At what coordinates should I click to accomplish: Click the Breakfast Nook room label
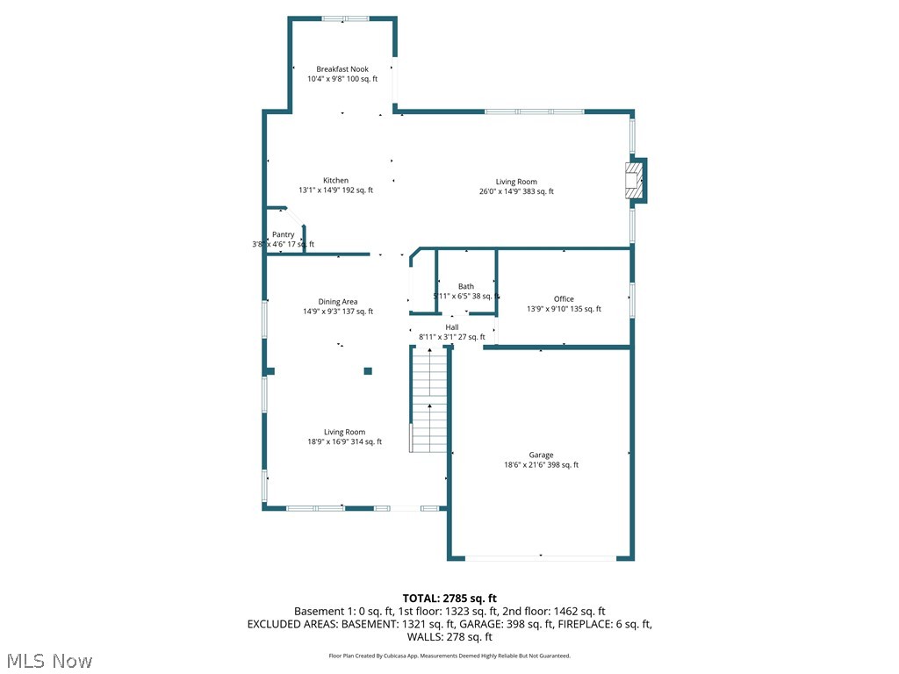pos(342,68)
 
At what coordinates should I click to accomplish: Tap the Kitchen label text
pos(335,180)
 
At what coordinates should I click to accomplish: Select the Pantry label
pos(283,234)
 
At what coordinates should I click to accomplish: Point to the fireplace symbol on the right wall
pos(634,180)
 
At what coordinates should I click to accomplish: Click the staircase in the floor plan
pos(429,400)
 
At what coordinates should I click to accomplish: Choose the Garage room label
pos(541,455)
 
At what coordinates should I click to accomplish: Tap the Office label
pos(564,299)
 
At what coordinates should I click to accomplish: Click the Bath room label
pos(465,286)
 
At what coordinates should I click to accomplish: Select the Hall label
pos(451,327)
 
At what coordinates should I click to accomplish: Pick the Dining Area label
pos(338,302)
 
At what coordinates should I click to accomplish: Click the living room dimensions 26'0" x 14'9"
pos(516,191)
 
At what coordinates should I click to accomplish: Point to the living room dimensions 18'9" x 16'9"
pos(344,442)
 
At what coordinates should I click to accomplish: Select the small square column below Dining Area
pos(368,371)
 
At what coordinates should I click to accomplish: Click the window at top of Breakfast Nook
pos(344,18)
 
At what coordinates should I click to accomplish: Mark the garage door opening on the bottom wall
pos(540,556)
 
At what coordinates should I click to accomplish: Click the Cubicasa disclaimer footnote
pos(449,656)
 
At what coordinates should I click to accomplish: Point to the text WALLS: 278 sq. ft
pos(449,637)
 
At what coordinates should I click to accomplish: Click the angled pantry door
pos(295,218)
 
